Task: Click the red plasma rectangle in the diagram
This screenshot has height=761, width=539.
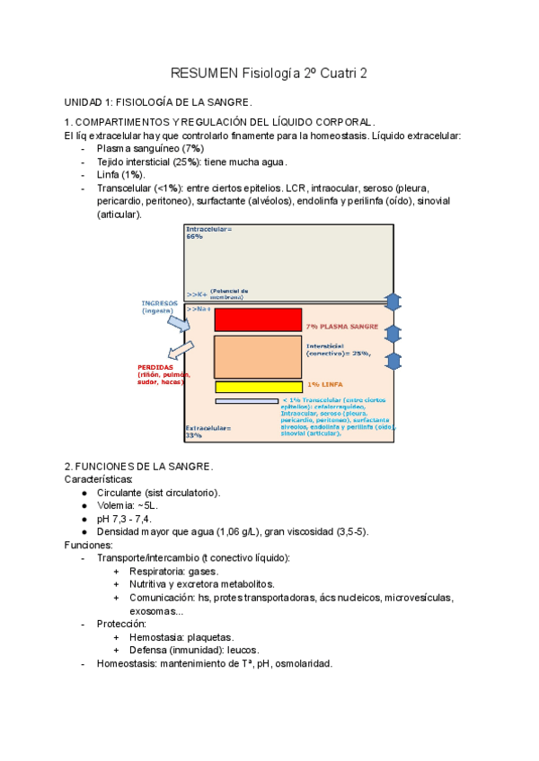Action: tap(258, 319)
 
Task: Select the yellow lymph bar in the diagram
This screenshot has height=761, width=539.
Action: tap(258, 387)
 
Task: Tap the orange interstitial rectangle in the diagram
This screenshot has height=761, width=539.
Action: tap(258, 357)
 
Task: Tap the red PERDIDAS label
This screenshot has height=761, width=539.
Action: tap(158, 374)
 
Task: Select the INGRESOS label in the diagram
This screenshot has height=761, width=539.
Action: tap(159, 306)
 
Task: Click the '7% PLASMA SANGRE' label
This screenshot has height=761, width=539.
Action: tap(341, 327)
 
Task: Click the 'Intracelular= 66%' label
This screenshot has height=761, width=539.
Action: tap(208, 232)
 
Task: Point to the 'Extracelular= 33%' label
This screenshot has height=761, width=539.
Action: tap(208, 432)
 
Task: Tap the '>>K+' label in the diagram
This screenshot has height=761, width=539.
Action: tap(196, 293)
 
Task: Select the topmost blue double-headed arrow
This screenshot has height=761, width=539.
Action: tap(393, 302)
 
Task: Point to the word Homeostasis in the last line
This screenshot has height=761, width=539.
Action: tap(128, 664)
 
